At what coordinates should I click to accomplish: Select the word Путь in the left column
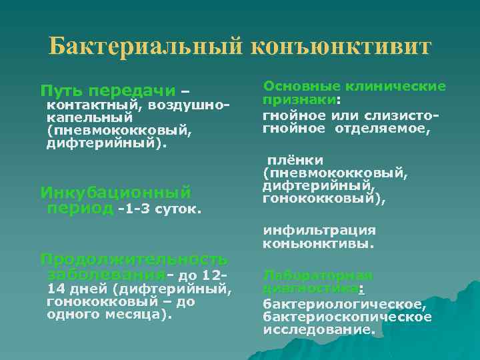click(62, 91)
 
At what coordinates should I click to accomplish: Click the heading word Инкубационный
click(115, 193)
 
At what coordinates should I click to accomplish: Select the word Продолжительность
click(133, 259)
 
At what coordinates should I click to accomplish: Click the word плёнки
click(296, 161)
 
